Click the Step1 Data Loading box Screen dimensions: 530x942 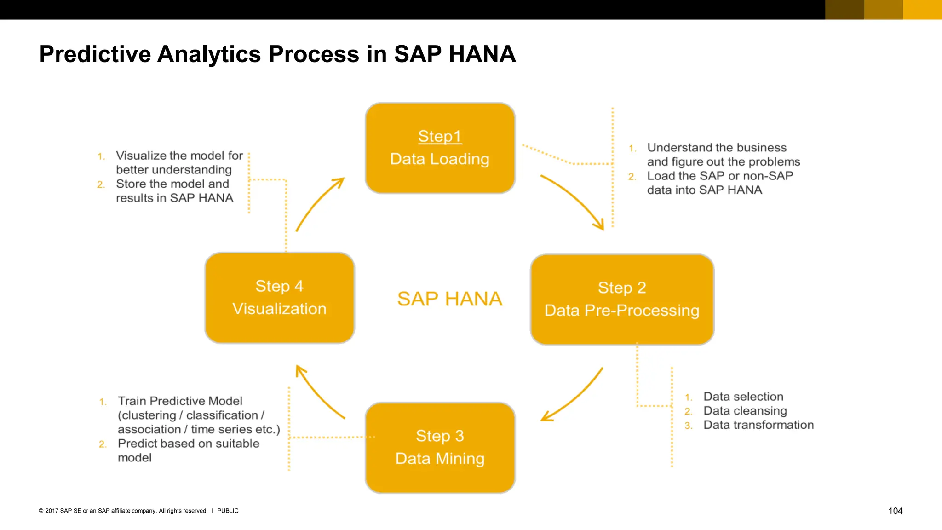click(x=440, y=148)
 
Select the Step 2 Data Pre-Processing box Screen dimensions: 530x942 click(x=622, y=299)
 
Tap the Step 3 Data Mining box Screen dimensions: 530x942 click(x=440, y=447)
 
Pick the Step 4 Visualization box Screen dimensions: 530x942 click(x=279, y=298)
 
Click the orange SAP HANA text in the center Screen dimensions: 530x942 click(x=449, y=299)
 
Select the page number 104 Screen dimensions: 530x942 click(x=895, y=511)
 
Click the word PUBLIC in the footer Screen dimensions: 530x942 click(x=228, y=511)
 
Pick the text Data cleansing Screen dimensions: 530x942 click(x=745, y=410)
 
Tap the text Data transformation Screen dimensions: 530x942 click(x=758, y=425)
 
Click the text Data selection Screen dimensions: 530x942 click(x=743, y=397)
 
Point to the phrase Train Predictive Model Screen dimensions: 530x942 click(x=180, y=401)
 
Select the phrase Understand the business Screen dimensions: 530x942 click(x=717, y=148)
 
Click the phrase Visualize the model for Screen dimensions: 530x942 click(x=179, y=156)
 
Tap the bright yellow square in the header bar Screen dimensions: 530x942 click(x=922, y=10)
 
